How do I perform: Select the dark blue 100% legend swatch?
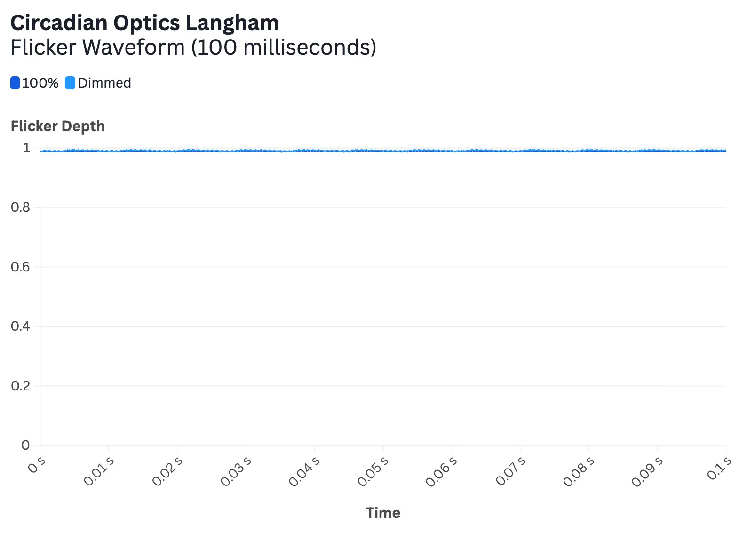pos(15,83)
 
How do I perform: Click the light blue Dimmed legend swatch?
pos(70,83)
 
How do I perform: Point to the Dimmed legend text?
pos(104,83)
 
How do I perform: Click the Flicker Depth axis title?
pos(58,126)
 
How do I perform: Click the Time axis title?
pos(383,513)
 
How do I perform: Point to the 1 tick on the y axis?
pos(26,148)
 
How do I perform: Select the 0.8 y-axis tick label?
pos(20,207)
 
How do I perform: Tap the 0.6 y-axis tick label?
pos(20,267)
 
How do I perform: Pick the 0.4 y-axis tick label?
pos(20,326)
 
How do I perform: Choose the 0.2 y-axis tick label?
pos(20,386)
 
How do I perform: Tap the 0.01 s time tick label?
pos(99,471)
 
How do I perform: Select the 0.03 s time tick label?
pos(236,471)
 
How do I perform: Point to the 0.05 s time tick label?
pos(373,471)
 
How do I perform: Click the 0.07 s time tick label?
pos(510,471)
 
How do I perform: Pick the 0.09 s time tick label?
pos(647,471)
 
